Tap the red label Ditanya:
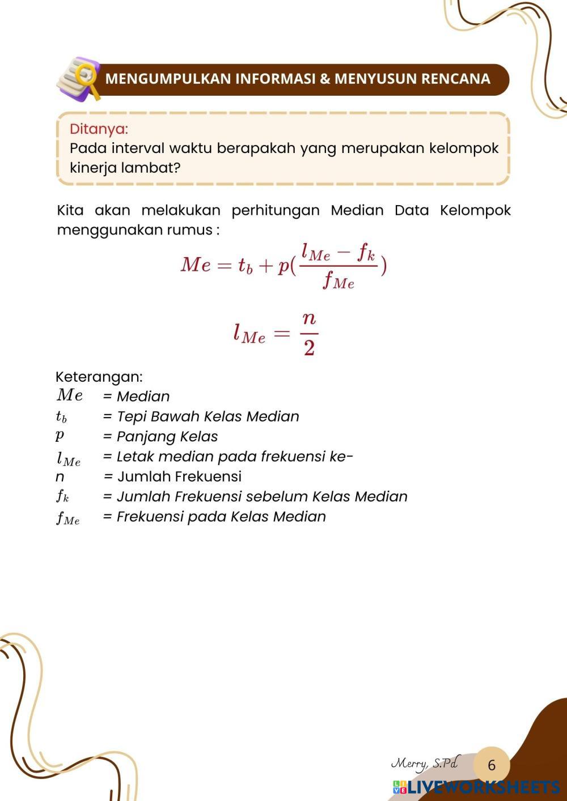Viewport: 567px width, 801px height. [99, 129]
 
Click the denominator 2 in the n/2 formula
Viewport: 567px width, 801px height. [309, 347]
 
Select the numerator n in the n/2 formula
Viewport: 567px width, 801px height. [309, 318]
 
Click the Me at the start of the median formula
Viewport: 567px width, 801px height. [196, 265]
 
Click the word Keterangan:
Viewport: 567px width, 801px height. [99, 377]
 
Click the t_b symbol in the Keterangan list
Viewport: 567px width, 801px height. [61, 417]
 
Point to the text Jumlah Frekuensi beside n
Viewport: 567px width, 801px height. [180, 476]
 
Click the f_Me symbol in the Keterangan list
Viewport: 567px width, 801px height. [67, 517]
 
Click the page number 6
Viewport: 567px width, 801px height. [492, 765]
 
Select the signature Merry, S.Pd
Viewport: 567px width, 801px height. [425, 764]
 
